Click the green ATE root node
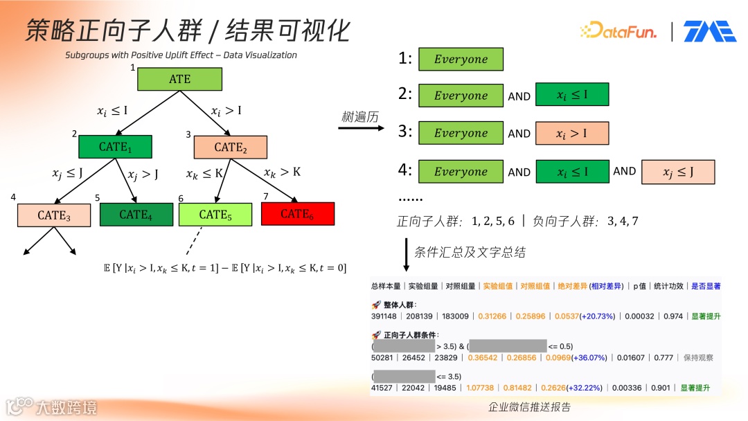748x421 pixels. [179, 79]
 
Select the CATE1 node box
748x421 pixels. [115, 147]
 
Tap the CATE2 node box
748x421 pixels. [230, 147]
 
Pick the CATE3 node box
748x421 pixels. [54, 215]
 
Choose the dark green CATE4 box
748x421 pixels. [136, 215]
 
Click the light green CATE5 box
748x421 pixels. [215, 215]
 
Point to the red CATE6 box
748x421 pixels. [298, 213]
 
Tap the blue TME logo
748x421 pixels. [709, 31]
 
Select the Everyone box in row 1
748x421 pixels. [461, 60]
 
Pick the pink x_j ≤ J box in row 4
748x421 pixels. [678, 172]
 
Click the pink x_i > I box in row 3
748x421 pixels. [572, 133]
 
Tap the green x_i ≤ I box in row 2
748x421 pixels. [572, 95]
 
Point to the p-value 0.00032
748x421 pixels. [640, 316]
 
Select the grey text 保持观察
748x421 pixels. [698, 358]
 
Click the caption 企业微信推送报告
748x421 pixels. [530, 408]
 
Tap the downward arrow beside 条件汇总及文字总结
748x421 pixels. [406, 253]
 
